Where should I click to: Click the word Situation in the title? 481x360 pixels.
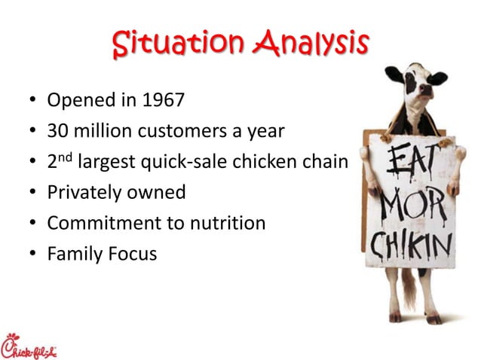[x=176, y=43]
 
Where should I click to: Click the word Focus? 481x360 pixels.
[x=134, y=254]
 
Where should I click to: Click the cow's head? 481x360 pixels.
[x=415, y=83]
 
